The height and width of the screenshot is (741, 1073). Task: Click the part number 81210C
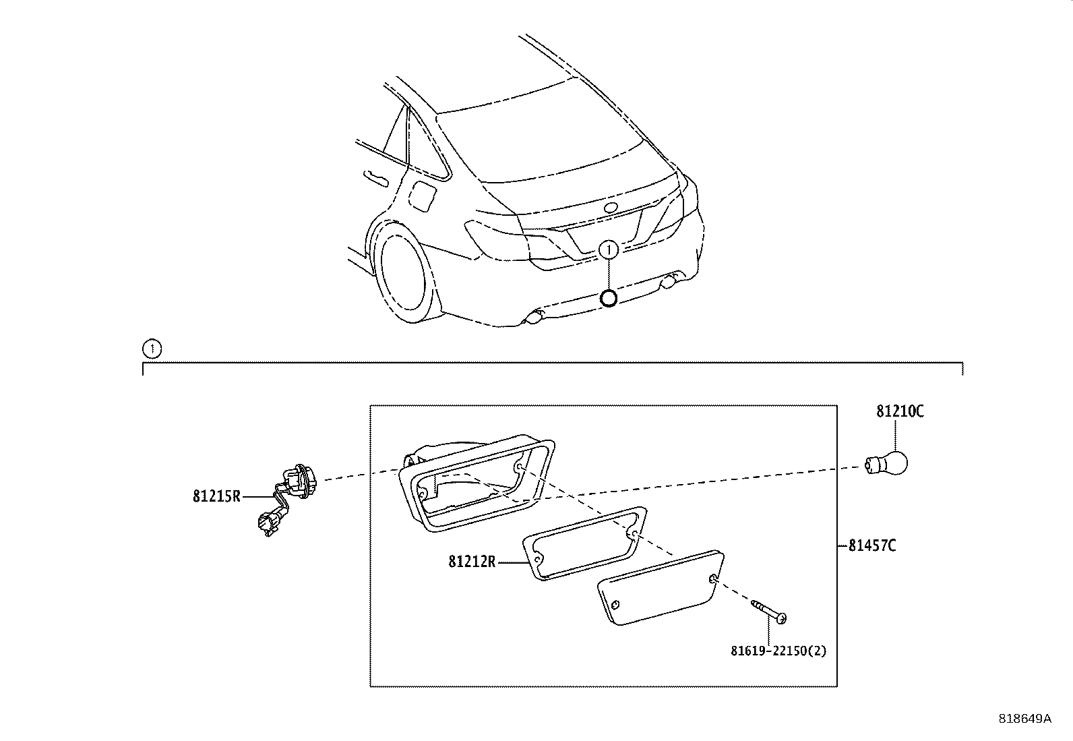point(900,411)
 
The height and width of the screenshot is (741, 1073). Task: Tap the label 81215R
point(216,497)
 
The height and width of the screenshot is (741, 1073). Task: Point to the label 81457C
point(872,545)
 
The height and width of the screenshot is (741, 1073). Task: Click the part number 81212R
point(472,561)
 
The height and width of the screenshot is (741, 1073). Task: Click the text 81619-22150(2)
point(778,651)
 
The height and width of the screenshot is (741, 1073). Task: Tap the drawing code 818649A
point(1024,719)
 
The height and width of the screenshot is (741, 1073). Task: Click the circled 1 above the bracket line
point(152,349)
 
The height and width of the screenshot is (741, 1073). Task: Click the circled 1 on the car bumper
point(609,250)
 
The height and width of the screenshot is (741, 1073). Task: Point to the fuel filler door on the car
point(425,195)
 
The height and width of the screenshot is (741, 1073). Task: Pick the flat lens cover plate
point(661,587)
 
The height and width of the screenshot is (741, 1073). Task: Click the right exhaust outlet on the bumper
point(671,281)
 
